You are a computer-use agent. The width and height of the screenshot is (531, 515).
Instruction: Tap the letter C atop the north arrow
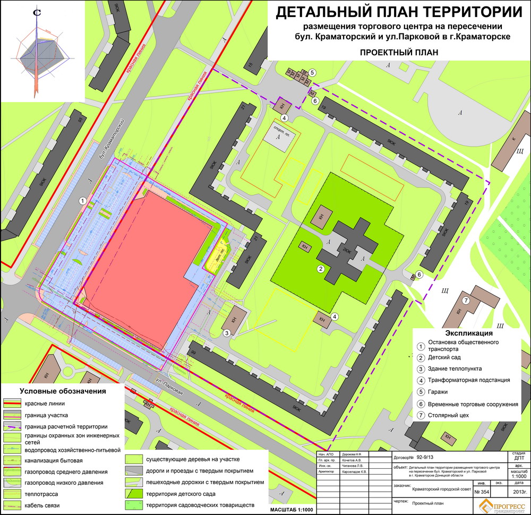(37, 13)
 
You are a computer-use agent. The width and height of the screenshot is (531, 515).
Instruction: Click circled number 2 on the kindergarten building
(321, 269)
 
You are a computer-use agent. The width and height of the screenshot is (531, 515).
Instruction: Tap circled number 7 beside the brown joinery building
(465, 301)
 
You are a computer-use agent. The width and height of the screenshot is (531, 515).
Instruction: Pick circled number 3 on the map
(226, 333)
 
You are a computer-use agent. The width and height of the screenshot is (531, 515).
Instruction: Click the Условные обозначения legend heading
(63, 391)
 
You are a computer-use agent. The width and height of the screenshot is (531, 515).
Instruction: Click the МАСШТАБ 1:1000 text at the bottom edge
(293, 510)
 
